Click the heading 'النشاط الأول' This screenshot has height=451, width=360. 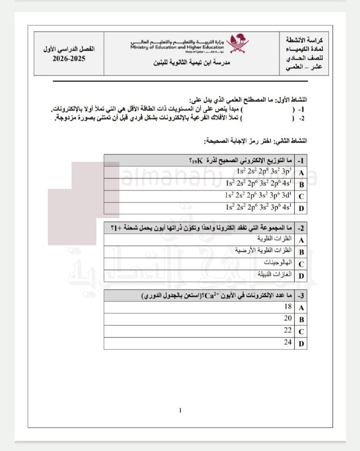284,98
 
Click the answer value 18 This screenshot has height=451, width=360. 287,307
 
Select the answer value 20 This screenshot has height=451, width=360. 287,319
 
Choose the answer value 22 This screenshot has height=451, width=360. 287,330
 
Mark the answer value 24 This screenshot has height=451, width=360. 287,342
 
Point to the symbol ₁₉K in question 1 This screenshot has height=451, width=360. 196,161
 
